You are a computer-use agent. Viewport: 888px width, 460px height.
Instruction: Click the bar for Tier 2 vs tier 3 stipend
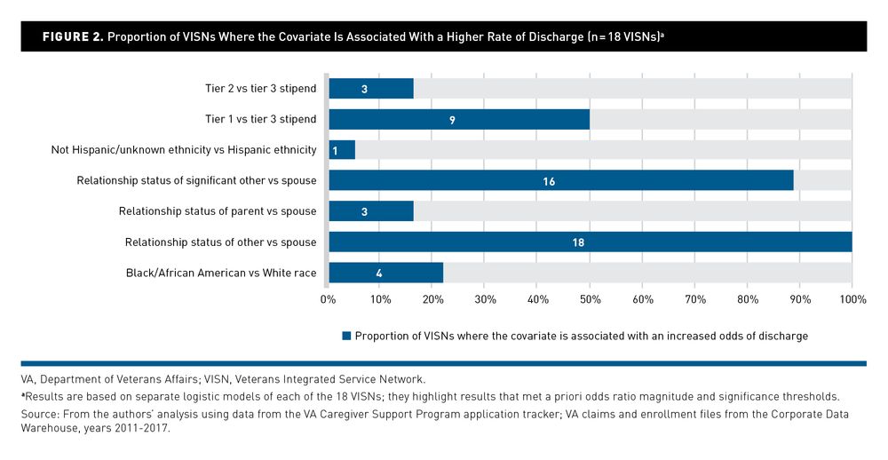(x=371, y=89)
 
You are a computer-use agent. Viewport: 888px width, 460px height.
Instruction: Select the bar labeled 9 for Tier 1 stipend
(x=459, y=119)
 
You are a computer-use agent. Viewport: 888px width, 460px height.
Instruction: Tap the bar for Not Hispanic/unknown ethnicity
(x=342, y=150)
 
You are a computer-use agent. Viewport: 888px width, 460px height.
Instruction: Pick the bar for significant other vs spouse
(x=561, y=181)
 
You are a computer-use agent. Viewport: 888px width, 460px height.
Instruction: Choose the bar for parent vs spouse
(x=371, y=211)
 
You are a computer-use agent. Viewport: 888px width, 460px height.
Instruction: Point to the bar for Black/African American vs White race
(x=385, y=273)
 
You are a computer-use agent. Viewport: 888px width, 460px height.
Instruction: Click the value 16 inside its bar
(x=548, y=181)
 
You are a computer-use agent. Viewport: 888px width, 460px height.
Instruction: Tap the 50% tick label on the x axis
(x=591, y=300)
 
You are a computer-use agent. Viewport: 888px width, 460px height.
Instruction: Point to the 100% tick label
(x=852, y=300)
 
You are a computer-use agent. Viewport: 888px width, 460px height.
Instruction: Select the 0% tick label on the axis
(x=329, y=300)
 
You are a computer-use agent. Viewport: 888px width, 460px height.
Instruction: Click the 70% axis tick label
(x=695, y=300)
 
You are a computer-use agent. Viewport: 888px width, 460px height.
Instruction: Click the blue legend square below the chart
(x=346, y=336)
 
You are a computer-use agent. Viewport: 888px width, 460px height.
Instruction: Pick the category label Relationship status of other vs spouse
(x=220, y=242)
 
